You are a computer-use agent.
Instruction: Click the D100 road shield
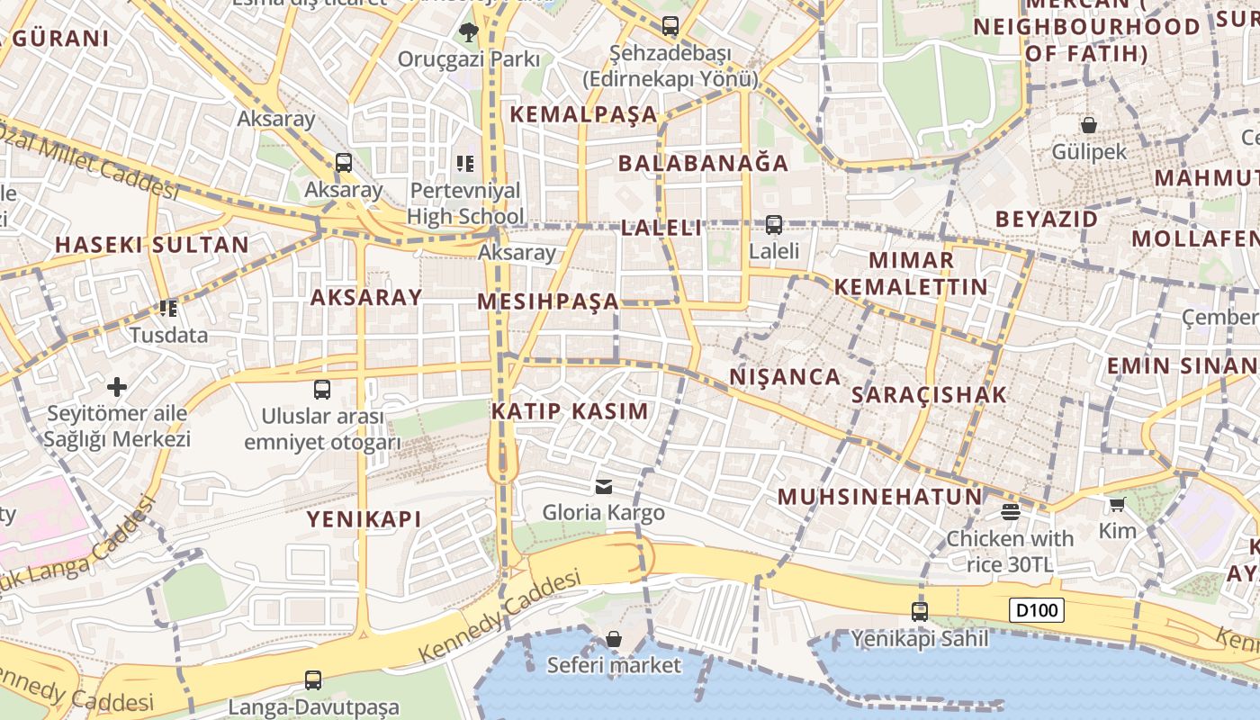coord(1036,610)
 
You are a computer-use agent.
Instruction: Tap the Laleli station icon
coord(774,225)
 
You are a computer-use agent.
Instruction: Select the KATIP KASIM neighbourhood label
coord(570,411)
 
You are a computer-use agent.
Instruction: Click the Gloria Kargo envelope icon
coord(604,487)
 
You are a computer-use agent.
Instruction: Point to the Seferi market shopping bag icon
coord(614,639)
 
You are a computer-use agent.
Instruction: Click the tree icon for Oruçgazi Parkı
coord(468,33)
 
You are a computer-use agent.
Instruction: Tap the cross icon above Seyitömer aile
coord(117,388)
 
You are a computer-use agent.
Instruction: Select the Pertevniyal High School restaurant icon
coord(465,164)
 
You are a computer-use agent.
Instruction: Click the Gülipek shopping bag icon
coord(1089,125)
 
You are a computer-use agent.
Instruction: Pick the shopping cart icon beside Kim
coord(1117,505)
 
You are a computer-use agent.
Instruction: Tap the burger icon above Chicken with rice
coord(1010,512)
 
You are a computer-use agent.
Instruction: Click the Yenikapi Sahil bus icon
coord(919,612)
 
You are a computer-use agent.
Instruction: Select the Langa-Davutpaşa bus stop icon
coord(313,680)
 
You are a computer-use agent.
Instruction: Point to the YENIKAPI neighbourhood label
coord(364,519)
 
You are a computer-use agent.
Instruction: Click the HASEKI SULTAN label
coord(152,245)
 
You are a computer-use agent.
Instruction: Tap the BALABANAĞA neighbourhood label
coord(703,163)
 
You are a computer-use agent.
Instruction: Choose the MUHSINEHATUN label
coord(879,497)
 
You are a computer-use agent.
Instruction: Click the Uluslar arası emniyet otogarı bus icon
coord(322,390)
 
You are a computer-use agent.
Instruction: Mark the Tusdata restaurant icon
coord(167,309)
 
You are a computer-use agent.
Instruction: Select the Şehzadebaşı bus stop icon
coord(670,26)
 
